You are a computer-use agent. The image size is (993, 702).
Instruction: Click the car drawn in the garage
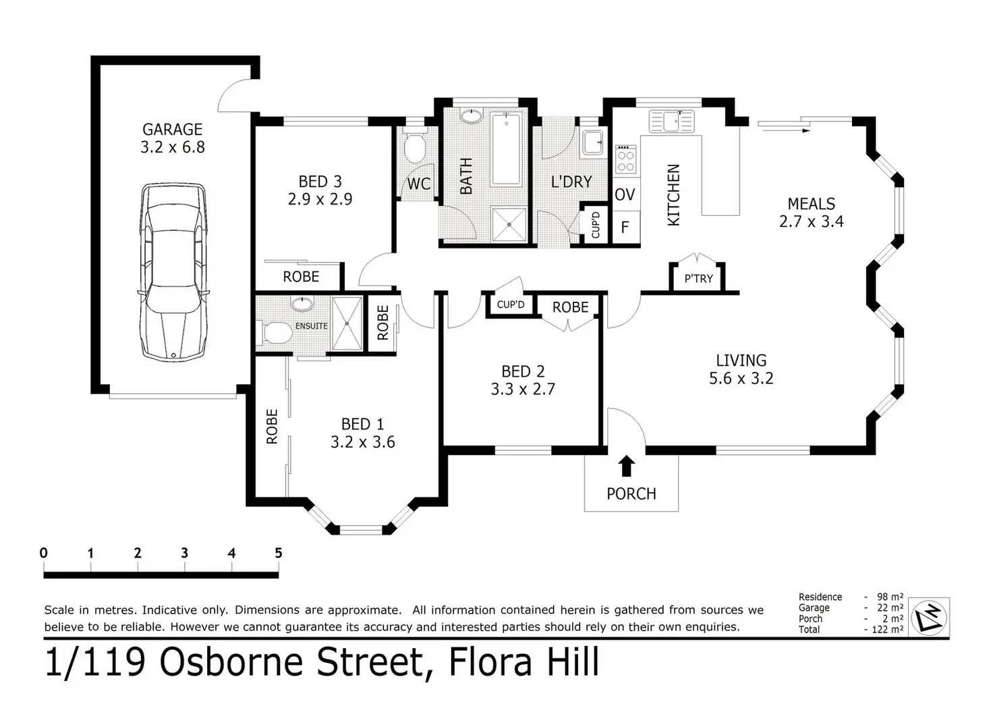tap(173, 272)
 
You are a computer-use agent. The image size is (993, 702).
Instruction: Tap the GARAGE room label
tap(173, 130)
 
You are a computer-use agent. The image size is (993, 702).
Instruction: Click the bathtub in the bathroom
tap(506, 148)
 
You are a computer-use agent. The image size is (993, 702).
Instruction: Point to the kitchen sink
tap(671, 121)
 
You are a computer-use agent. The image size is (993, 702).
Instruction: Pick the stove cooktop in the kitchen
tap(626, 159)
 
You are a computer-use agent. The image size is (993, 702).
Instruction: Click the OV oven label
tap(625, 194)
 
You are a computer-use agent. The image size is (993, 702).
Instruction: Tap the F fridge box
tap(625, 227)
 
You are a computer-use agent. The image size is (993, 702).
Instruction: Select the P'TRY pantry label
tap(699, 279)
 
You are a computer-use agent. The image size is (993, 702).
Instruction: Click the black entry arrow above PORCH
tap(626, 466)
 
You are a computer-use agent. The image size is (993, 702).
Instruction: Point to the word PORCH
tap(631, 493)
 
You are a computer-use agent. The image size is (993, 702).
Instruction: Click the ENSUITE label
tap(312, 326)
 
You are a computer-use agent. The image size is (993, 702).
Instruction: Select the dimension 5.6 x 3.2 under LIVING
tap(741, 378)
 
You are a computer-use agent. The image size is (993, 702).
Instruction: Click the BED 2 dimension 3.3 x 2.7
tap(523, 389)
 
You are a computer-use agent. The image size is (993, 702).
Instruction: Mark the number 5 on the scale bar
tap(279, 553)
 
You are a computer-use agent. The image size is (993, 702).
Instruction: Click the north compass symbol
tap(929, 617)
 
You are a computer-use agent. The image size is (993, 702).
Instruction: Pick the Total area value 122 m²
tap(888, 629)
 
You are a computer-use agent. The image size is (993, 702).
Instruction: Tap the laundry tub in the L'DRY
tap(592, 142)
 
